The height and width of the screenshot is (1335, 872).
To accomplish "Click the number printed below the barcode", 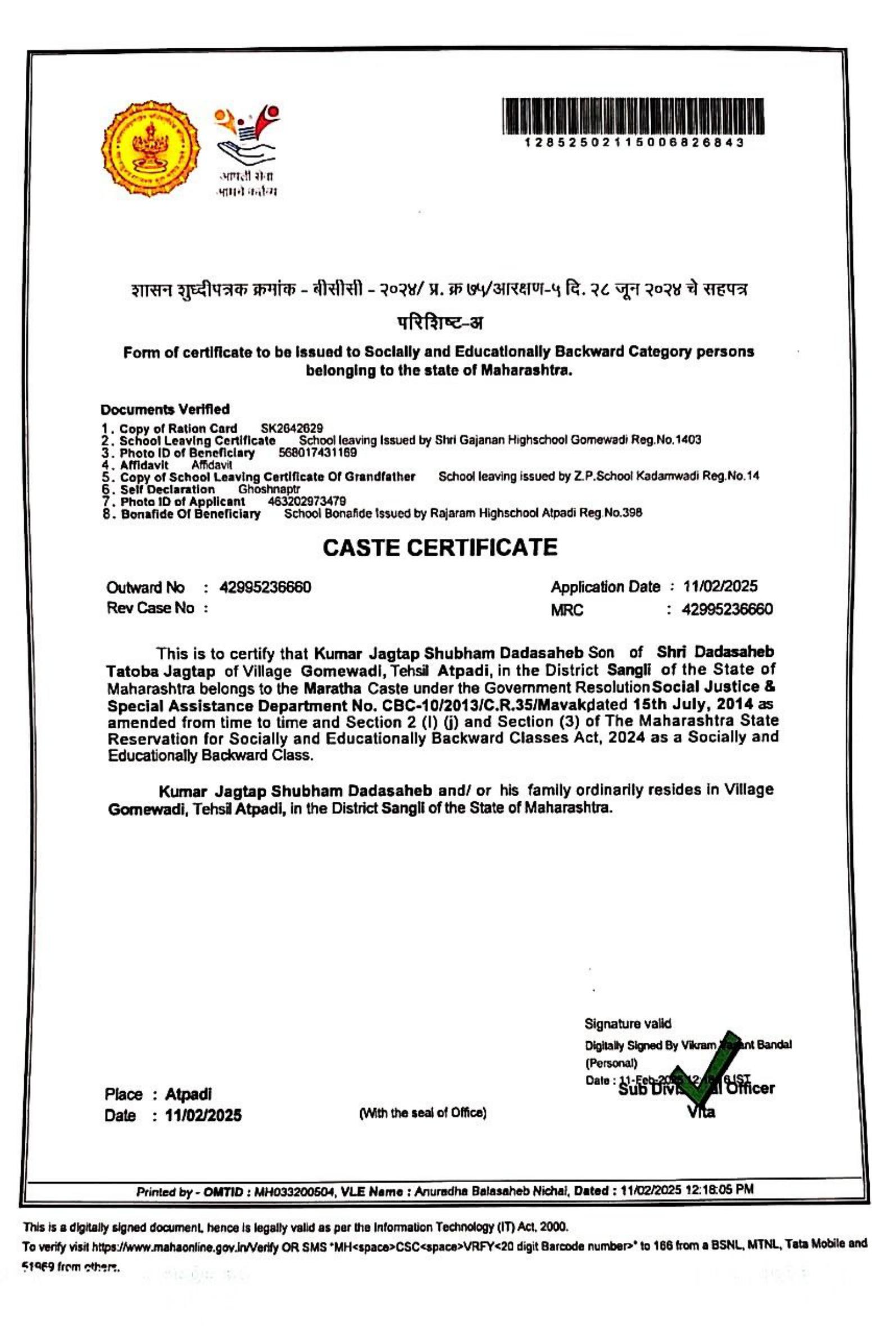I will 633,143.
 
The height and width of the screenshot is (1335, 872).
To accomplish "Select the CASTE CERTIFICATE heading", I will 440,547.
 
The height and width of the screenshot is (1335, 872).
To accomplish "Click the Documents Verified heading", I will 165,409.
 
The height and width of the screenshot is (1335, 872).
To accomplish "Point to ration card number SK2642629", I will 292,429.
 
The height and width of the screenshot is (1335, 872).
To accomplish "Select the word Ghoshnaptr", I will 269,489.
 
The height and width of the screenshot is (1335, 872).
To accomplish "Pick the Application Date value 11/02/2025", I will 720,587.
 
